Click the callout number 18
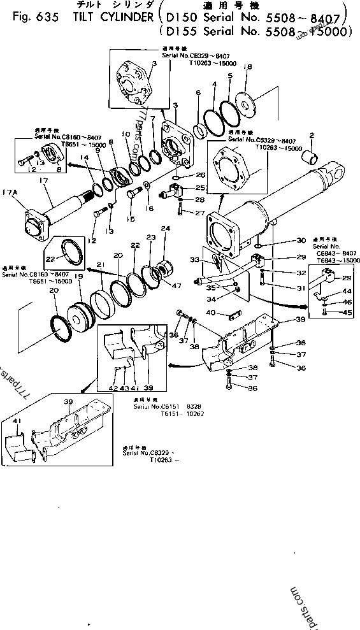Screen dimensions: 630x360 pyautogui.click(x=248, y=66)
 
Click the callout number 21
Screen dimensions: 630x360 pyautogui.click(x=101, y=264)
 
